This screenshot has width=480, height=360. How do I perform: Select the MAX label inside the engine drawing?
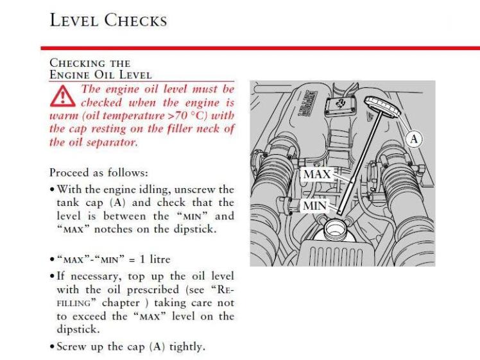click(316, 174)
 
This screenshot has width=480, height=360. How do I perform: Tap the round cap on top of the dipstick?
click(383, 108)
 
